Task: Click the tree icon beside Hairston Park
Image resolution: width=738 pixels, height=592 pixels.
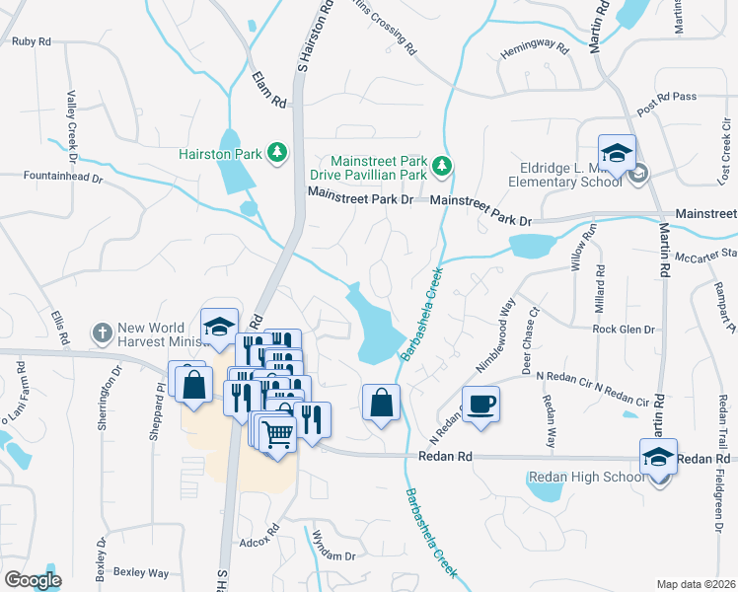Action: (278, 153)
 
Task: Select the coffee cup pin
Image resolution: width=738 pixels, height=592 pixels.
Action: (480, 405)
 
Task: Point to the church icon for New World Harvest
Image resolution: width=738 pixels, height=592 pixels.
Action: (102, 334)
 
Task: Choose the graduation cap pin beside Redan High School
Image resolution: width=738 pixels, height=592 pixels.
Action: (658, 458)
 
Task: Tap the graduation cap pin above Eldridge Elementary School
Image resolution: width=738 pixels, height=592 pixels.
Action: (617, 154)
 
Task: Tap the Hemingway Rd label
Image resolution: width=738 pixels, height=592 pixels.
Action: (536, 47)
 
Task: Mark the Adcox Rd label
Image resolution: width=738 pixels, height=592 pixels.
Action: (260, 543)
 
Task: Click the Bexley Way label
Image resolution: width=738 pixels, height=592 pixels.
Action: (140, 572)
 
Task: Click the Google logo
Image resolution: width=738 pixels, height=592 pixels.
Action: (33, 580)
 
